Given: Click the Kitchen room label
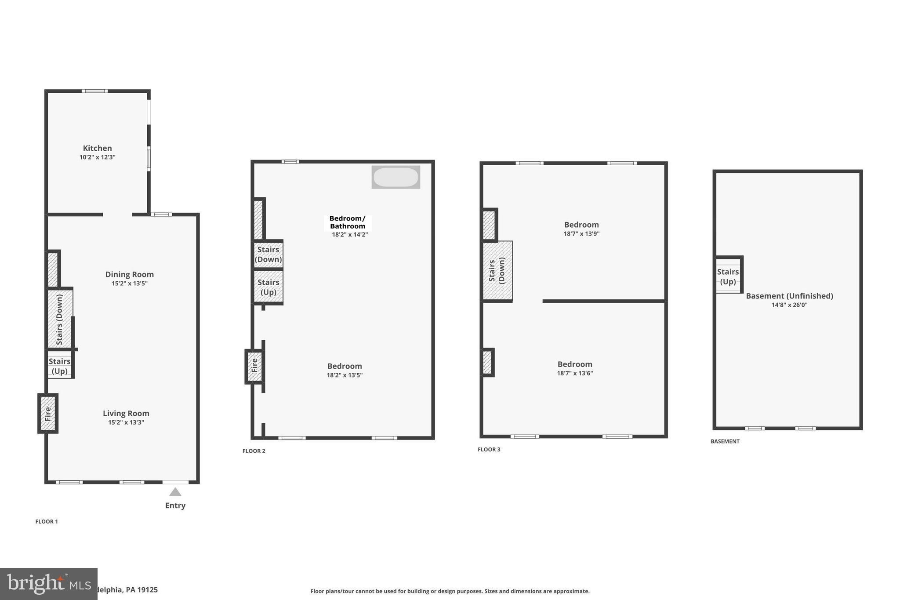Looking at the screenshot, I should tap(97, 148).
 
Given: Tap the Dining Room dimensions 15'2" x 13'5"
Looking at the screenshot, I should tap(129, 284).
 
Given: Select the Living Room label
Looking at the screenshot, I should tap(126, 413).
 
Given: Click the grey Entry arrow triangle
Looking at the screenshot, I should tap(175, 492).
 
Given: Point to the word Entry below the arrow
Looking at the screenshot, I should tap(175, 505).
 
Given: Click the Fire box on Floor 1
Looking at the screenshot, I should tap(48, 413).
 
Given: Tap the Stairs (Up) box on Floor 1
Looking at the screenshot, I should tap(60, 366).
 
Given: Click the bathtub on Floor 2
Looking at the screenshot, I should tap(396, 177).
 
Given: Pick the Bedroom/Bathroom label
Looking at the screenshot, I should tap(348, 222).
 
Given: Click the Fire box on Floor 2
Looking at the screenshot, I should tap(254, 366).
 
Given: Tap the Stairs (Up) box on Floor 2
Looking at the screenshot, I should tap(268, 287).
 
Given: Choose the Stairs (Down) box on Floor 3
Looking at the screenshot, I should tap(497, 271).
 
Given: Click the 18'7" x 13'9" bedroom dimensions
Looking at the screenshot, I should tap(581, 234).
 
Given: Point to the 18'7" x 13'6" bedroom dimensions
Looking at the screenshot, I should tap(575, 373).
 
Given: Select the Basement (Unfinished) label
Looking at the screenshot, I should tap(789, 296).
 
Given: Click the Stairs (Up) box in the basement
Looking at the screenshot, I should tap(728, 276).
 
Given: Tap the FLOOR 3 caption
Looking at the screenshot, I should tap(489, 449).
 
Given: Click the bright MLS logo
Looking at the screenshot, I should tap(48, 584).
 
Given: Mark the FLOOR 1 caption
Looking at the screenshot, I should tap(47, 521).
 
